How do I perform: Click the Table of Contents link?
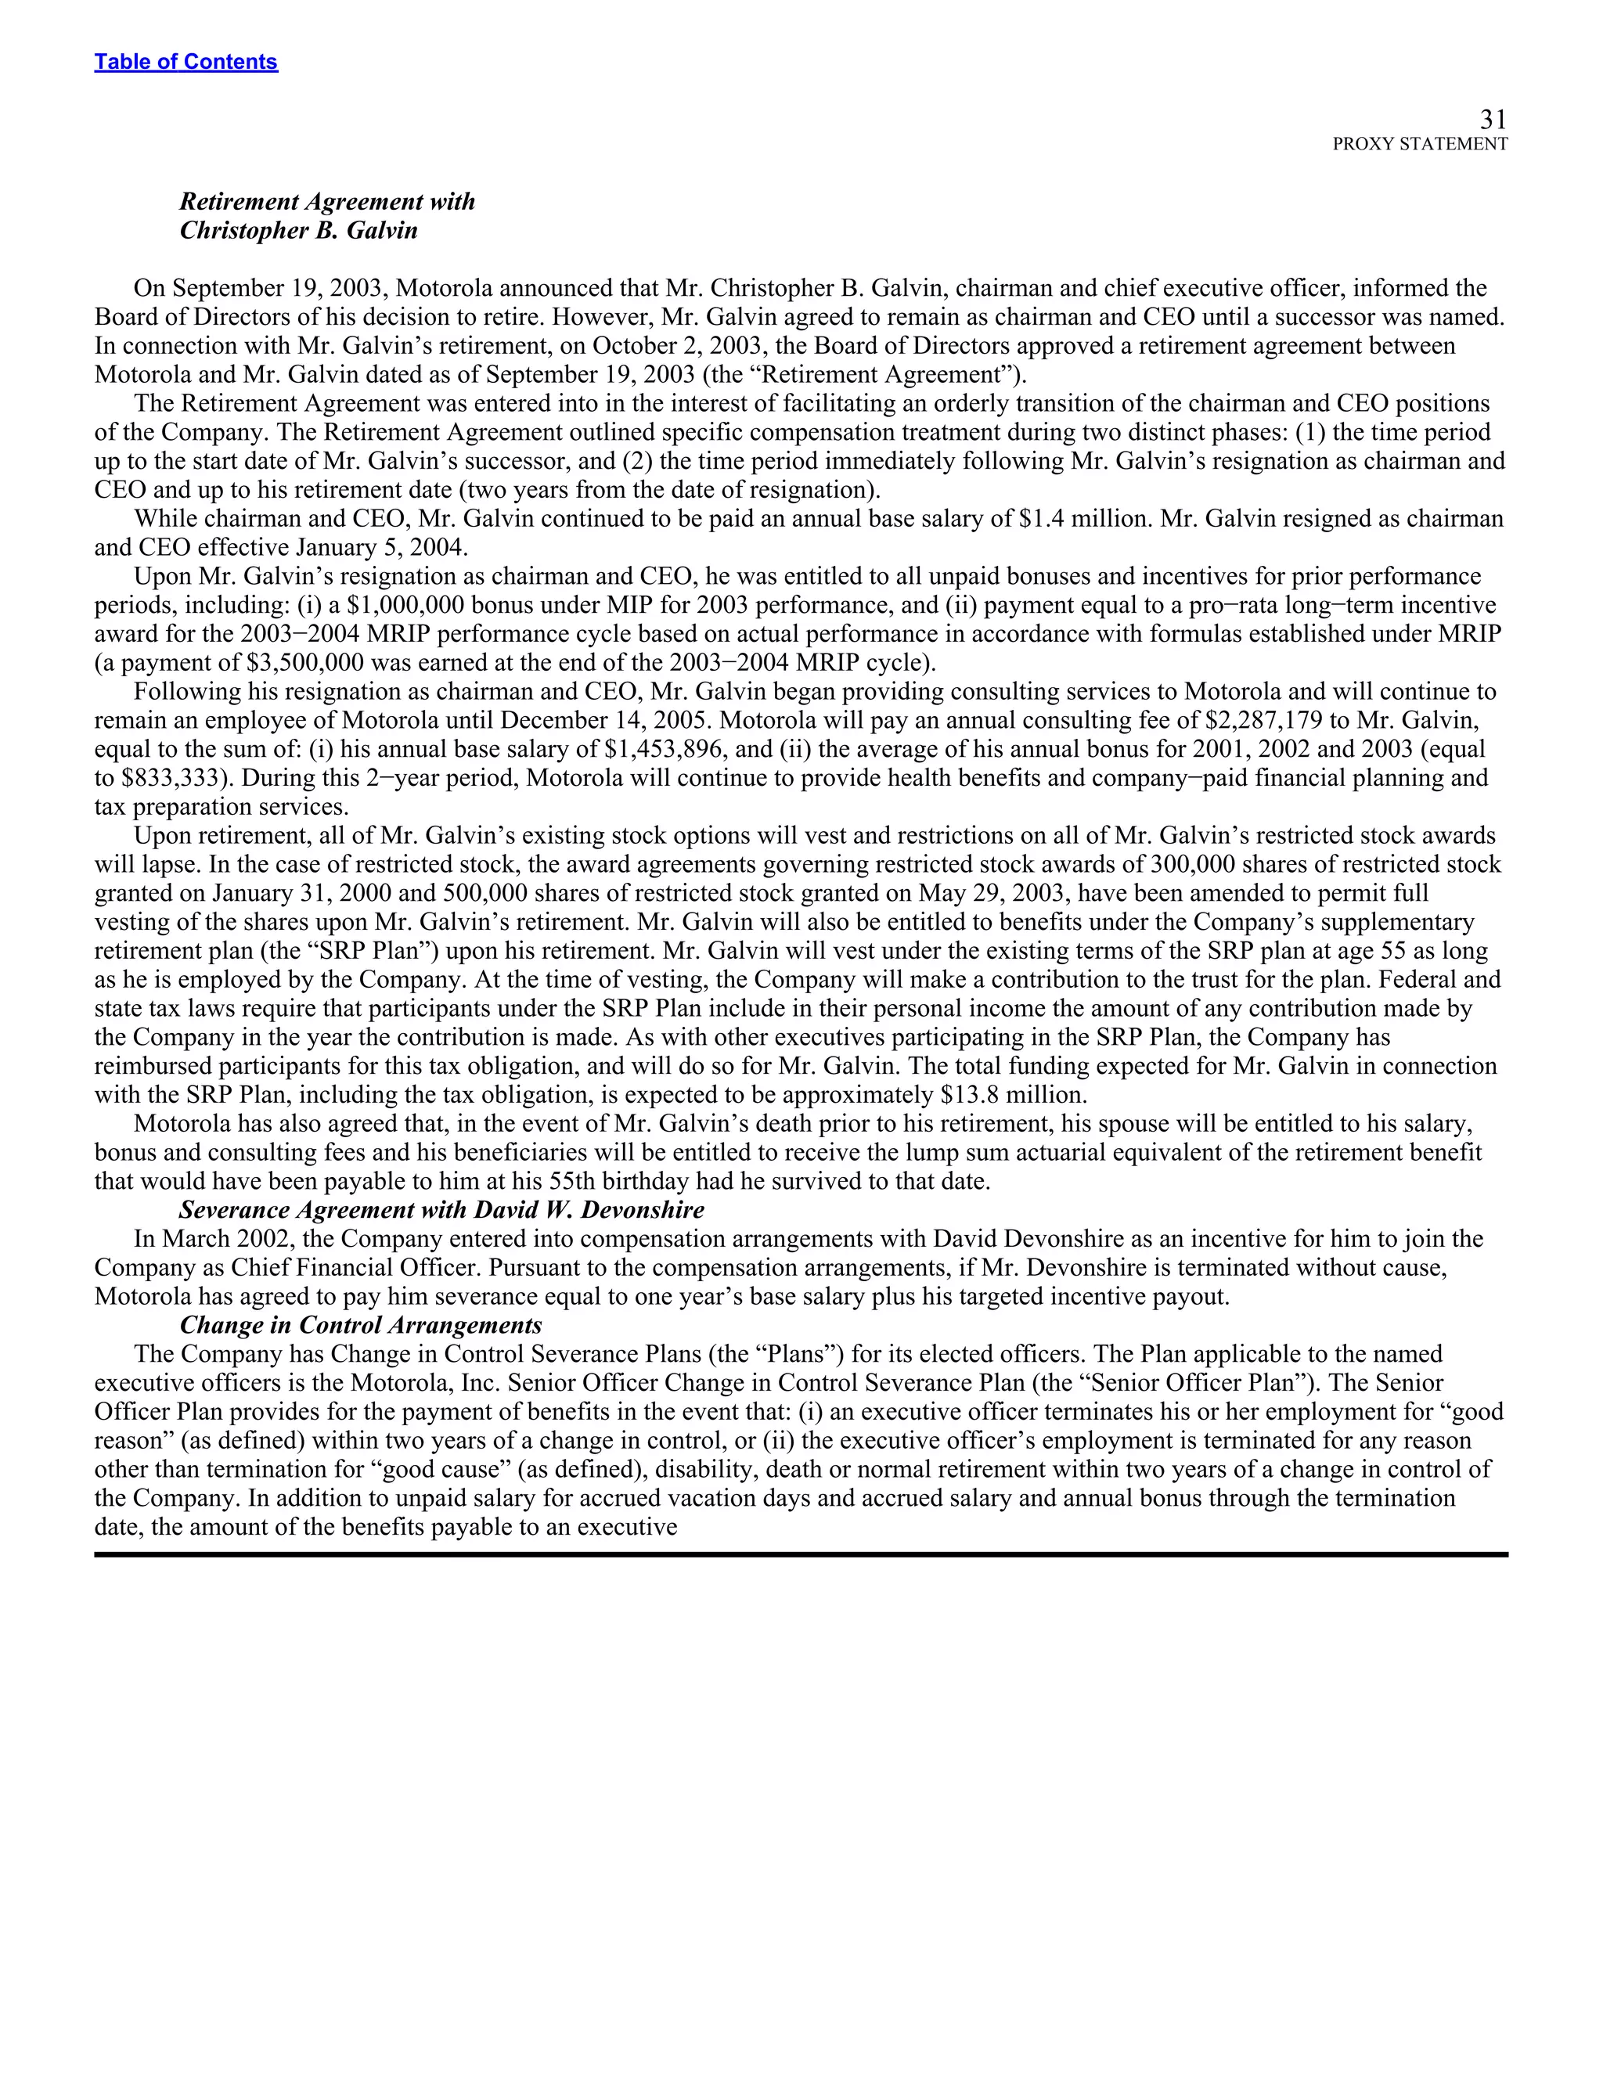click(x=186, y=62)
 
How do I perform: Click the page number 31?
click(x=1493, y=120)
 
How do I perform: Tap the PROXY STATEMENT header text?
click(x=1419, y=144)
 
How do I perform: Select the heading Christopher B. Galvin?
click(x=298, y=231)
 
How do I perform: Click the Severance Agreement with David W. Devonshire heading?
click(x=441, y=1210)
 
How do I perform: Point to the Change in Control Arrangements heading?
click(x=361, y=1325)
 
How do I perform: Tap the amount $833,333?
click(x=178, y=778)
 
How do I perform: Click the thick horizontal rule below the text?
click(x=801, y=1554)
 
